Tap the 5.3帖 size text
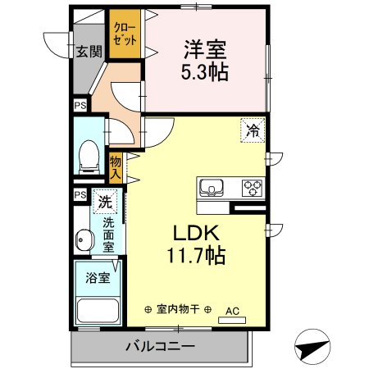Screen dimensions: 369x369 [205, 71]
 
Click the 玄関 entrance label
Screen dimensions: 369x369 [89, 52]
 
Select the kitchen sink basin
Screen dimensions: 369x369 [212, 188]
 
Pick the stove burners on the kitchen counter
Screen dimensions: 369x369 [250, 188]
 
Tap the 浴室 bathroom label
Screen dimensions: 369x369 [97, 278]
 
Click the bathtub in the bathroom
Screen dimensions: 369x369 [97, 312]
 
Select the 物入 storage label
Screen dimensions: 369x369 [116, 167]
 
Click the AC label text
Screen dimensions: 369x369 [232, 311]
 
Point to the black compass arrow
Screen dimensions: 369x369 [312, 347]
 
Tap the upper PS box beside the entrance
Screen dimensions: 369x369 [80, 106]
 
